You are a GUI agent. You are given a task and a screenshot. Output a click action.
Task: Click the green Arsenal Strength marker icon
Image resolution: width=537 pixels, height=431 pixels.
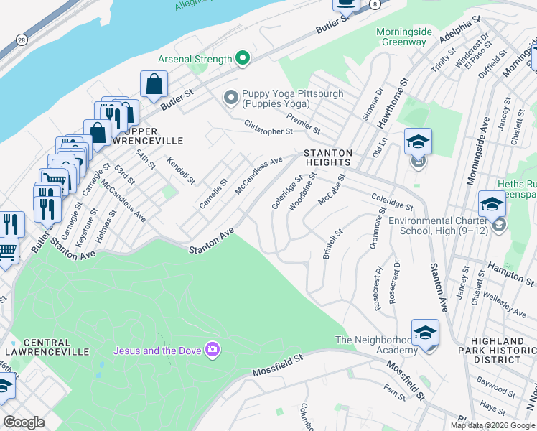click(243, 59)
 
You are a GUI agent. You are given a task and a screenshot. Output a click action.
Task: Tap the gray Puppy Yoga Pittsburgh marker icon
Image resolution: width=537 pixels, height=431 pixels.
click(231, 97)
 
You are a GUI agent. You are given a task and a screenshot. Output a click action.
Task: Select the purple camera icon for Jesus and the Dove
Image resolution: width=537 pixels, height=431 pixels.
click(212, 350)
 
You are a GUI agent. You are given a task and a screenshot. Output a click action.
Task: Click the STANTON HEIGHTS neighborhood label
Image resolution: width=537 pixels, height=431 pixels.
click(328, 158)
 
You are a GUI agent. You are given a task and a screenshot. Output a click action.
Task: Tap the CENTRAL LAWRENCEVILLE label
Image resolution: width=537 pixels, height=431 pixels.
click(46, 347)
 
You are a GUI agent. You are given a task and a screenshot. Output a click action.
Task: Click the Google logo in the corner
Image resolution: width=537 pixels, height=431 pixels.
click(24, 422)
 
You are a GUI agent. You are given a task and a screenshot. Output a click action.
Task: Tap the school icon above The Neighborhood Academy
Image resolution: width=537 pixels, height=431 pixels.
click(425, 332)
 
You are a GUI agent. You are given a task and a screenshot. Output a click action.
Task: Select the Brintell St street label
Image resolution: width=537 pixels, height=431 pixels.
click(331, 245)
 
